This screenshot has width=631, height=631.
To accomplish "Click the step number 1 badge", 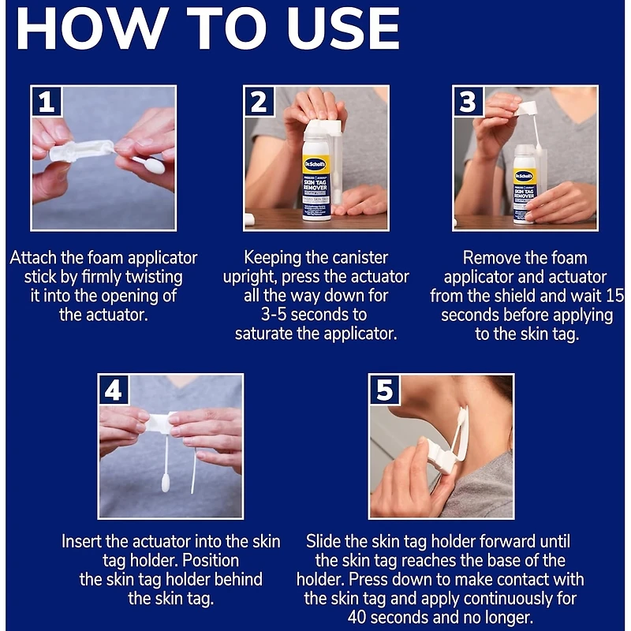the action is tap(47, 102).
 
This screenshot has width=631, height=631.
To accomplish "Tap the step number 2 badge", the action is tap(259, 102).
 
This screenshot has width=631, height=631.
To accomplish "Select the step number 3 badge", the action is tap(469, 102).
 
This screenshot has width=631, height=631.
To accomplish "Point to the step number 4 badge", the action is tap(114, 390).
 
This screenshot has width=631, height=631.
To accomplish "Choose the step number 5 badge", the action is tap(385, 390).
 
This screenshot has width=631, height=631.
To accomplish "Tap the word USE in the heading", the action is tap(343, 28).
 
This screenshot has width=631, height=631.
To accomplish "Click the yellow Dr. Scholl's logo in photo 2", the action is tap(315, 164).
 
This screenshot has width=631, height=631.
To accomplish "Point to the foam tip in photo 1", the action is tap(155, 165).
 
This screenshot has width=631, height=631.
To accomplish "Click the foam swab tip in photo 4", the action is tap(166, 484).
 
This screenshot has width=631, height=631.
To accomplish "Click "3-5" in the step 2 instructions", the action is tap(274, 314).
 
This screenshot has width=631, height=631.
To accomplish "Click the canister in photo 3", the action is tap(525, 184).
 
